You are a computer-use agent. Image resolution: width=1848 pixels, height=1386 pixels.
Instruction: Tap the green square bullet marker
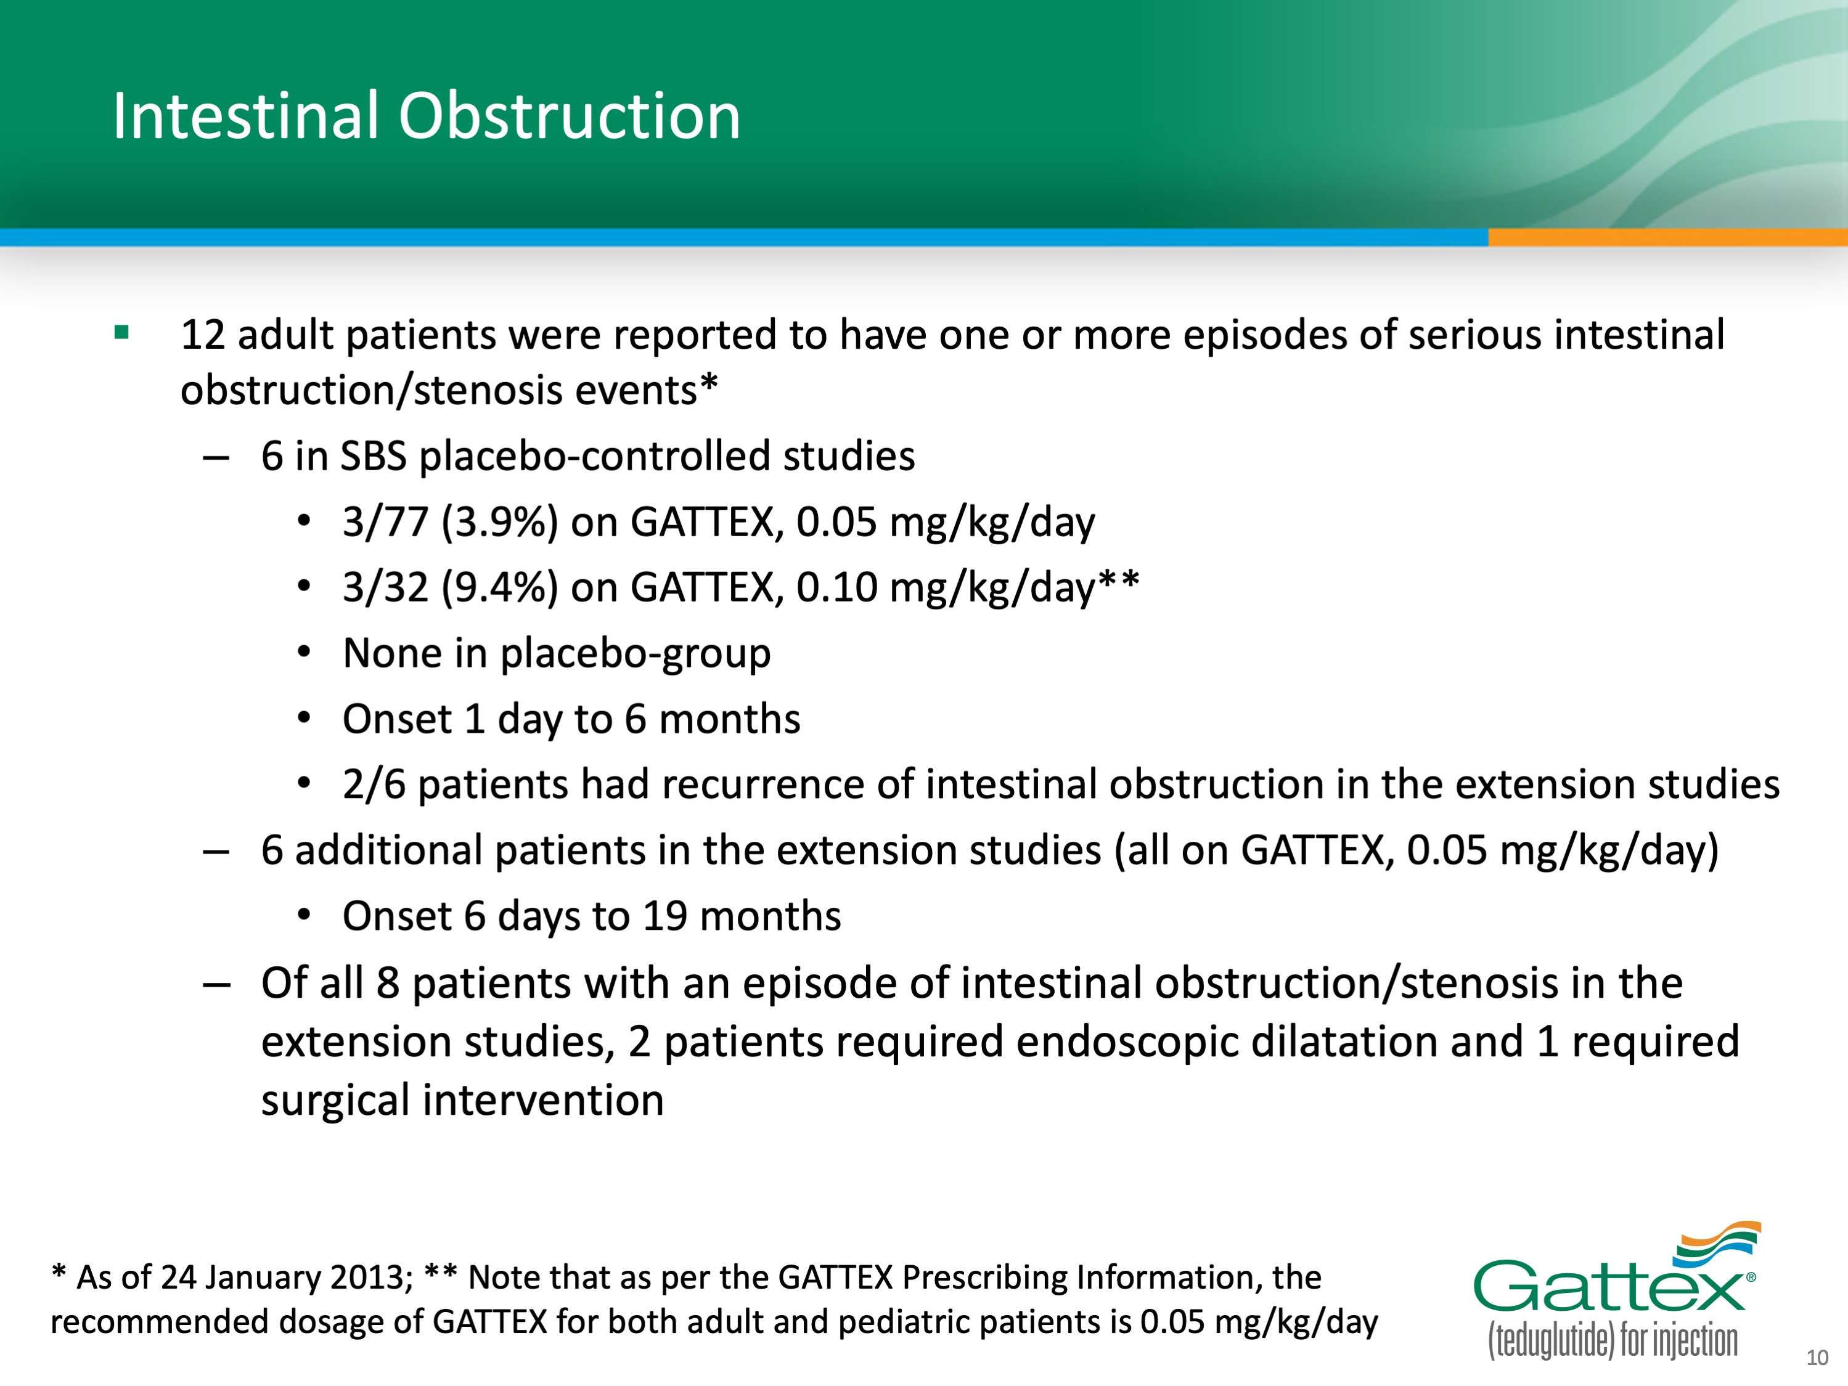click(122, 333)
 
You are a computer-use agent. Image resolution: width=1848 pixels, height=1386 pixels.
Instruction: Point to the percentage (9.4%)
click(499, 587)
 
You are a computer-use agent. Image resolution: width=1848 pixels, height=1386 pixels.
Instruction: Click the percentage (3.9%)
click(499, 522)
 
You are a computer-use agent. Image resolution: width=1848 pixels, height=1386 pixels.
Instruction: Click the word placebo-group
click(635, 653)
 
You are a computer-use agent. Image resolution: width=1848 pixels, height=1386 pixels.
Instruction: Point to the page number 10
click(1817, 1358)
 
